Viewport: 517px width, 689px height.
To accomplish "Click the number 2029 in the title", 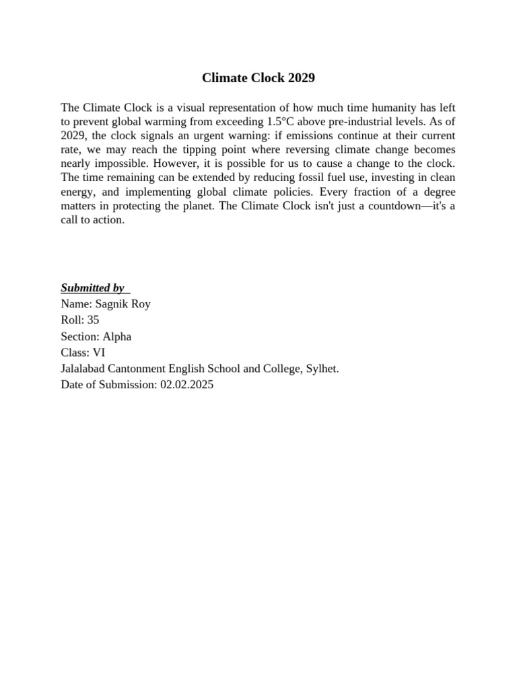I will [x=301, y=78].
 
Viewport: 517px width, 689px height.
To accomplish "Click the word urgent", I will [x=216, y=135].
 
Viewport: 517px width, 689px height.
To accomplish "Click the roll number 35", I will [x=93, y=320].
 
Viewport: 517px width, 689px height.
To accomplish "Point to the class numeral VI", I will [x=98, y=353].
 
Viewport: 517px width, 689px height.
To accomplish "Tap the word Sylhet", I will [x=322, y=369].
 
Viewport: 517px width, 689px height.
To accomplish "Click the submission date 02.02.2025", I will [x=186, y=386].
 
